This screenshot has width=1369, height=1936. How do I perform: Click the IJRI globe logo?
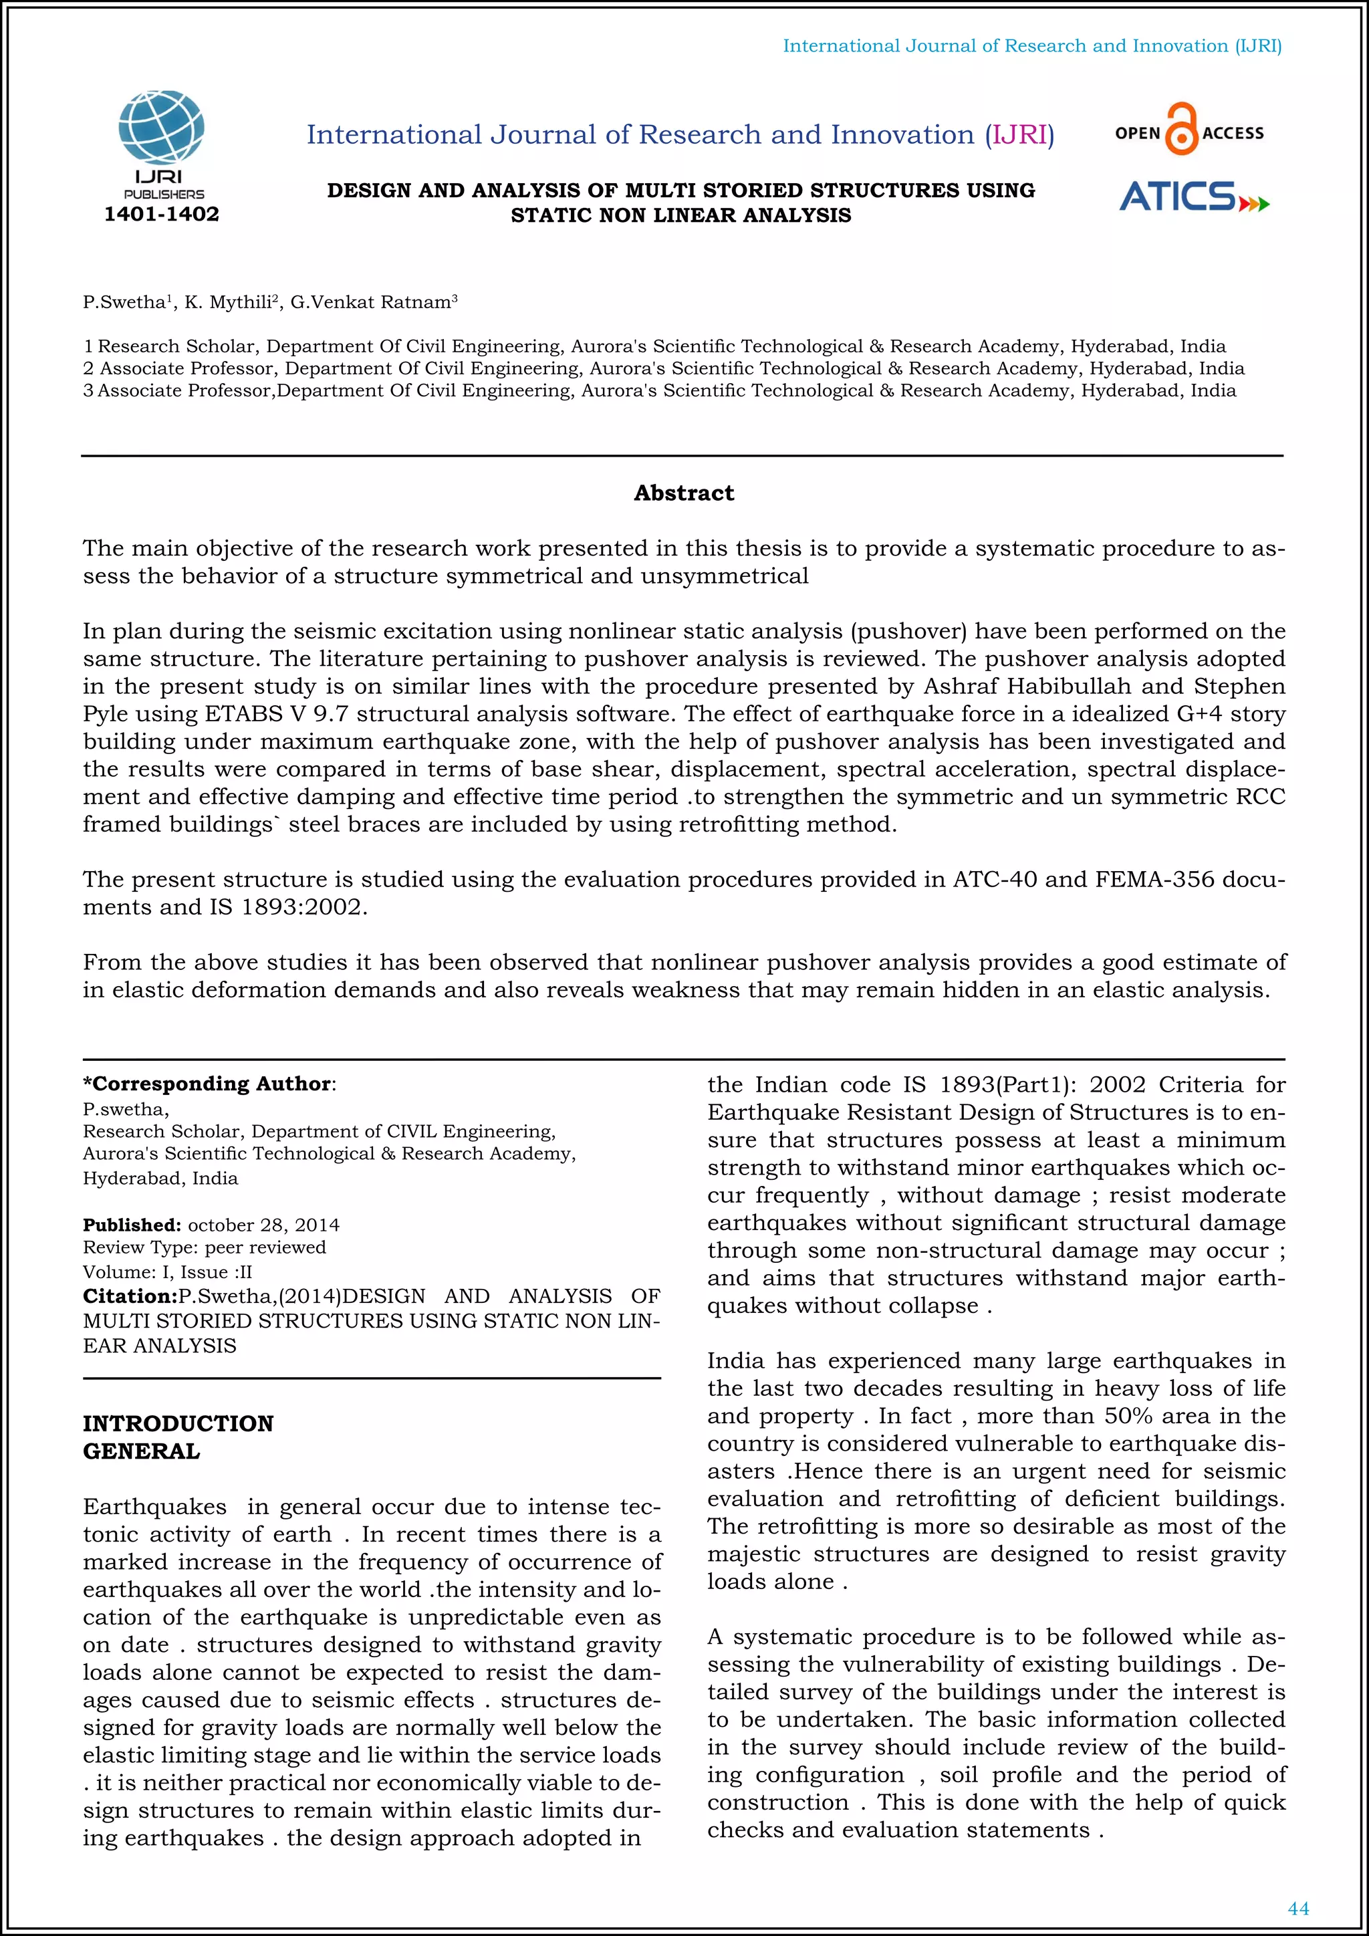coord(161,128)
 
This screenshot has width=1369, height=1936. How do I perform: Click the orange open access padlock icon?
coord(1181,129)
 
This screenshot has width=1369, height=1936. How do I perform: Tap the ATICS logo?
coord(1192,197)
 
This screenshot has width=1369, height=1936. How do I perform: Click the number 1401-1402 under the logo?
coord(161,214)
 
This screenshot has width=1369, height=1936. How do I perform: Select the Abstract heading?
coord(684,493)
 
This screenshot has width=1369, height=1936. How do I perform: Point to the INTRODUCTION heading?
coord(178,1423)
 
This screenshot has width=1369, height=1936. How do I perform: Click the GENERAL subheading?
coord(141,1451)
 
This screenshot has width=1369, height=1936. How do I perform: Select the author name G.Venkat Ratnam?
coord(370,303)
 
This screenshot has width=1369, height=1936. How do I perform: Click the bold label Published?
coord(132,1224)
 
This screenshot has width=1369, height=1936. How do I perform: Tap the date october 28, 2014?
coord(263,1224)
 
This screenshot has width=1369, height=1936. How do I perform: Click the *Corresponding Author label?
coord(207,1084)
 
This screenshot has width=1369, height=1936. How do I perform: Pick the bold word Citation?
coord(130,1296)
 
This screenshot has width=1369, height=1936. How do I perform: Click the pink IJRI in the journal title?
coord(1019,135)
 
